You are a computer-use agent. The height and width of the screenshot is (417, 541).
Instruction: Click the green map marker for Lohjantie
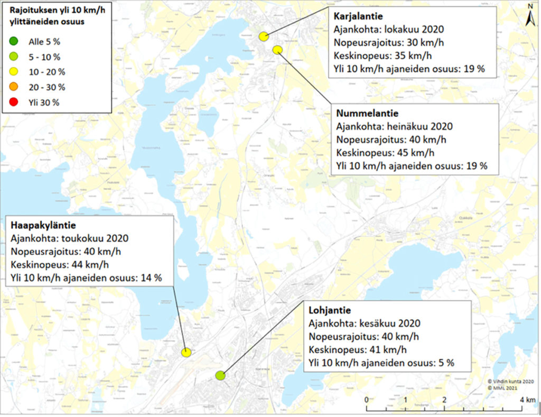[x=220, y=376]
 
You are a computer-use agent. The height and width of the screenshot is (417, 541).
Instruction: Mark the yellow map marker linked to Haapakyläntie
[x=185, y=352]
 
